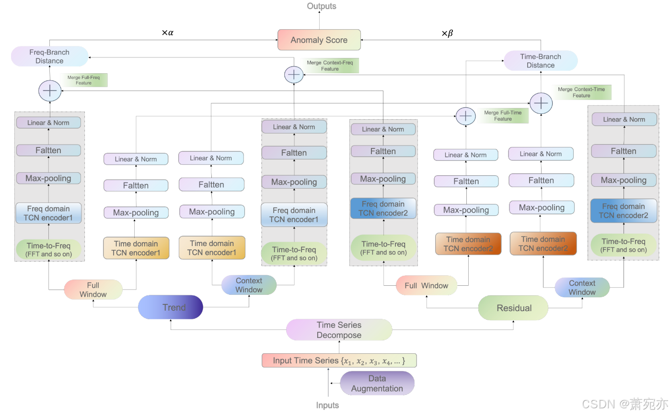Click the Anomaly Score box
(x=319, y=40)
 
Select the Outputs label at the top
(x=322, y=6)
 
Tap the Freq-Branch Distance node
(x=49, y=56)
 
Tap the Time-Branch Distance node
(x=540, y=61)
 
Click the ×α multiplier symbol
(x=167, y=33)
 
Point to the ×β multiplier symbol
(x=447, y=34)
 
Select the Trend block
(x=171, y=307)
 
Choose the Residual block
(x=513, y=308)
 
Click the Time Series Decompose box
(x=339, y=330)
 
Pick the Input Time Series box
(x=339, y=360)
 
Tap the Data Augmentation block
(x=377, y=383)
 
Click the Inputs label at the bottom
(x=327, y=405)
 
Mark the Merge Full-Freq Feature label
(x=84, y=80)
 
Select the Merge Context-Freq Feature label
(x=330, y=66)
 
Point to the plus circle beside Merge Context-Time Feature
(x=541, y=103)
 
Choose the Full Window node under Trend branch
(x=93, y=290)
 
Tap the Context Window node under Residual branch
(x=582, y=288)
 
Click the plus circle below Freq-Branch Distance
(x=50, y=91)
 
